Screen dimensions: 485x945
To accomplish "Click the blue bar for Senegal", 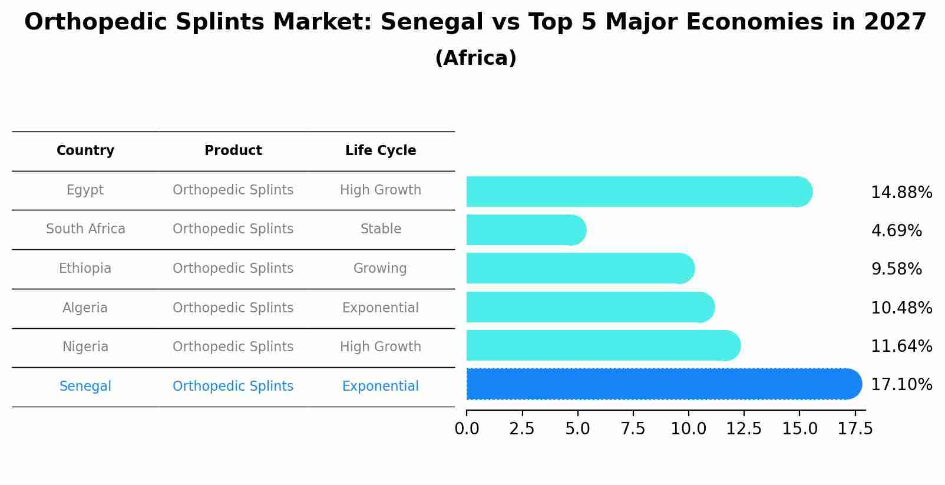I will pos(663,384).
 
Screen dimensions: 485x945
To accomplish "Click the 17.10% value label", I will pos(901,385).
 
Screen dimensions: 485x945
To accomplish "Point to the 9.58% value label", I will pos(896,269).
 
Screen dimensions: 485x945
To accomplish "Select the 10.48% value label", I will pos(901,308).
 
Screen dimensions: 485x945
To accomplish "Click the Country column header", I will pos(85,151).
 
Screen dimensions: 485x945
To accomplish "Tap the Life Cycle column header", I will pos(381,151).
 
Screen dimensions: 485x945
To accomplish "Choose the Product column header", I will pos(233,151).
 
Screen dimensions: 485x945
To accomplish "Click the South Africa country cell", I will pos(85,229).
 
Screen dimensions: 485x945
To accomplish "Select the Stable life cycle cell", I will pos(381,229).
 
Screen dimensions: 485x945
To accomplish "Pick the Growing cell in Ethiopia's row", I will pos(380,269).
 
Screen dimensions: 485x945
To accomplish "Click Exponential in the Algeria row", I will pos(380,308).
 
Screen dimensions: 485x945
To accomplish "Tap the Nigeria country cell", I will pos(85,347).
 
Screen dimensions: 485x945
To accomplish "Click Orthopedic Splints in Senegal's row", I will pos(233,387).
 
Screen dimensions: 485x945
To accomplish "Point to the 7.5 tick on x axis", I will pos(633,429).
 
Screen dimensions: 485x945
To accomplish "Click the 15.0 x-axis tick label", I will pos(799,429).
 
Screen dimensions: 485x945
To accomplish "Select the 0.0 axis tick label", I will pos(467,429).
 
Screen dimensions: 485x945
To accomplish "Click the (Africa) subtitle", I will pos(475,58).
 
